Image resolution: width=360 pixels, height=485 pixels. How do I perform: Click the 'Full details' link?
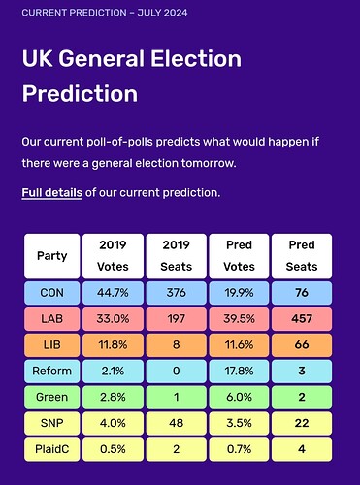point(52,193)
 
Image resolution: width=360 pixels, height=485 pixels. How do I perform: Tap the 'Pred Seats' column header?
point(302,256)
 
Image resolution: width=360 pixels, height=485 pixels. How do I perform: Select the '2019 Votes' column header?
point(113,256)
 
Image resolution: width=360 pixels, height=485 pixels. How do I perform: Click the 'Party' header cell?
point(52,256)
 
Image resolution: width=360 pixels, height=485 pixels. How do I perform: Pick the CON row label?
point(52,293)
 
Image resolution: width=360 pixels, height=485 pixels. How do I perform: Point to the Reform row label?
point(52,371)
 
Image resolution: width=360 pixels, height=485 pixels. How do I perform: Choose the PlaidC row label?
point(52,449)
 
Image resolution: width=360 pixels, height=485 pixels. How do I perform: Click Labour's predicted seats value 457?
point(302,319)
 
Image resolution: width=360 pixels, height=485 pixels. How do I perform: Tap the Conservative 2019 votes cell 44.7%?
point(113,293)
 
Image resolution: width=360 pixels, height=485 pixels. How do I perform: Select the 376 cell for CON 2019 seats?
point(177,293)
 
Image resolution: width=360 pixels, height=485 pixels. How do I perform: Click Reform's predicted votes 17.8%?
point(239,371)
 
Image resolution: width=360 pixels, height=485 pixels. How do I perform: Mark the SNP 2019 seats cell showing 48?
point(177,423)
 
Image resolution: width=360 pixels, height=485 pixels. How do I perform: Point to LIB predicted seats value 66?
point(302,344)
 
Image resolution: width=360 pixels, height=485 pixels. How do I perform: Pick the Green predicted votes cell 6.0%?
point(239,397)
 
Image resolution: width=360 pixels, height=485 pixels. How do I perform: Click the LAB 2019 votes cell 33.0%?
point(113,319)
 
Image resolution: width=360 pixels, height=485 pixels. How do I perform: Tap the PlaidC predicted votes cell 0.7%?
point(239,449)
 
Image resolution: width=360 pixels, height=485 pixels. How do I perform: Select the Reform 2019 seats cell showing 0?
point(177,371)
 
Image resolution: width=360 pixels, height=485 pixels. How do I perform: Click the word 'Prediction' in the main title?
point(80,94)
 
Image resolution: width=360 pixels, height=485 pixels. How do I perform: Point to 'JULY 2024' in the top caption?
point(162,13)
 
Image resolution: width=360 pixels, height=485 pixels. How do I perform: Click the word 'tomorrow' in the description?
point(209,163)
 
